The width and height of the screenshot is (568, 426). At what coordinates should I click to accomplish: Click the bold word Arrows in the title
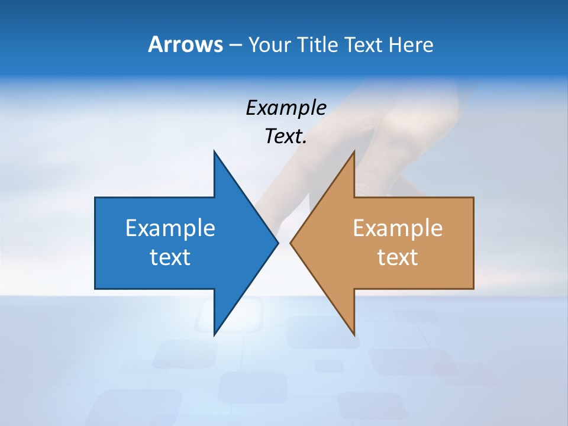(x=185, y=44)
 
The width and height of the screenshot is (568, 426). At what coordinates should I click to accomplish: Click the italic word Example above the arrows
(x=286, y=108)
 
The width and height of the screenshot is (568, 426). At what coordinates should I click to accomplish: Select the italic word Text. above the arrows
(x=286, y=136)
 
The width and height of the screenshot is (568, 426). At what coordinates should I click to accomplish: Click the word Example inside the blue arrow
(x=170, y=228)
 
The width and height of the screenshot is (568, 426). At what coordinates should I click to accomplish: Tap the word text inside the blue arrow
(x=170, y=257)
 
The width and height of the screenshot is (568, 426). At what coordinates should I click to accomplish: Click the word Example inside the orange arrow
(x=398, y=228)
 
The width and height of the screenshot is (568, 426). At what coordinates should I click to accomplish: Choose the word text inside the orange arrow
(x=398, y=257)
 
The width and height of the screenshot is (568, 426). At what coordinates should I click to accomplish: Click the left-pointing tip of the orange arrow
(x=291, y=243)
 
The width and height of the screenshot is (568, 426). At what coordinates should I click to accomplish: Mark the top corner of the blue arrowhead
(x=215, y=152)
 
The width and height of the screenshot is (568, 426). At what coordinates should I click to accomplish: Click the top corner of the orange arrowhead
(x=354, y=152)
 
